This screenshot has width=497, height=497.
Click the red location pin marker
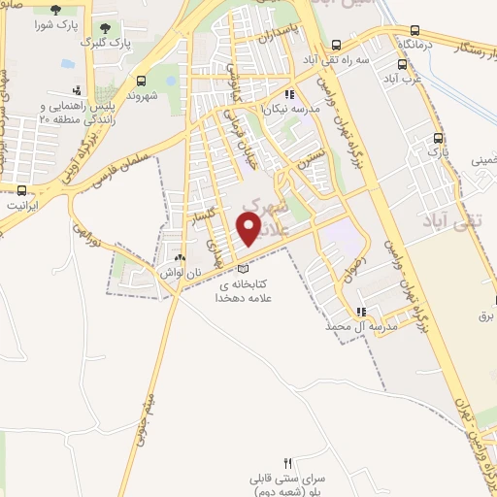pos(249,228)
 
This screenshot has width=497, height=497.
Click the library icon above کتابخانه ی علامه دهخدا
pos(243,268)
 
